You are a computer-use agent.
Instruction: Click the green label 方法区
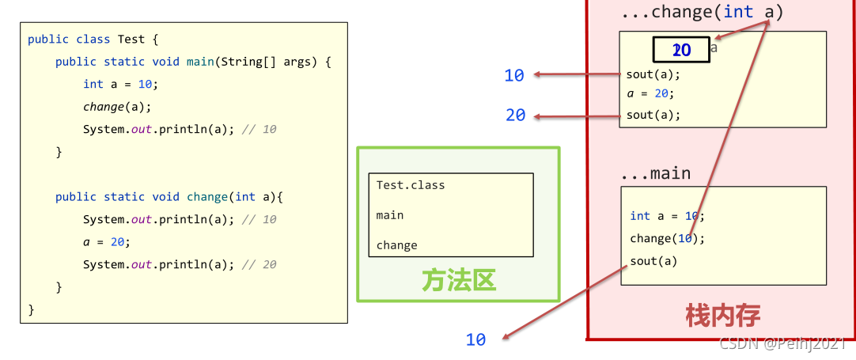pyautogui.click(x=459, y=280)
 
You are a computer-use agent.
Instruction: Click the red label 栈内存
pyautogui.click(x=722, y=316)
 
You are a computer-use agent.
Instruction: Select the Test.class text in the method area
pyautogui.click(x=411, y=185)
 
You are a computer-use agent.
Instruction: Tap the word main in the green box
pyautogui.click(x=390, y=215)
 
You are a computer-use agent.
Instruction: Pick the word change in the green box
pyautogui.click(x=396, y=245)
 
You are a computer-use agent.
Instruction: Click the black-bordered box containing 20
pyautogui.click(x=680, y=50)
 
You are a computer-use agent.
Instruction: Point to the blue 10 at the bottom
pyautogui.click(x=475, y=339)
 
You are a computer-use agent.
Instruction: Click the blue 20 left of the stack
pyautogui.click(x=516, y=116)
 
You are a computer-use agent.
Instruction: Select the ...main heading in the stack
pyautogui.click(x=656, y=173)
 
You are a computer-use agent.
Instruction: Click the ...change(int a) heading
pyautogui.click(x=702, y=12)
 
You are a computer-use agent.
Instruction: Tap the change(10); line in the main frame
pyautogui.click(x=667, y=238)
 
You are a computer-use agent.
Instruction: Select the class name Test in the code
pyautogui.click(x=131, y=39)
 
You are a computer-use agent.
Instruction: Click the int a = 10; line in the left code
pyautogui.click(x=120, y=84)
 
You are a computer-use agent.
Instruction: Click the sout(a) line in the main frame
pyautogui.click(x=653, y=261)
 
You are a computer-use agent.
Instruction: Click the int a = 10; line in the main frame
pyautogui.click(x=667, y=216)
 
